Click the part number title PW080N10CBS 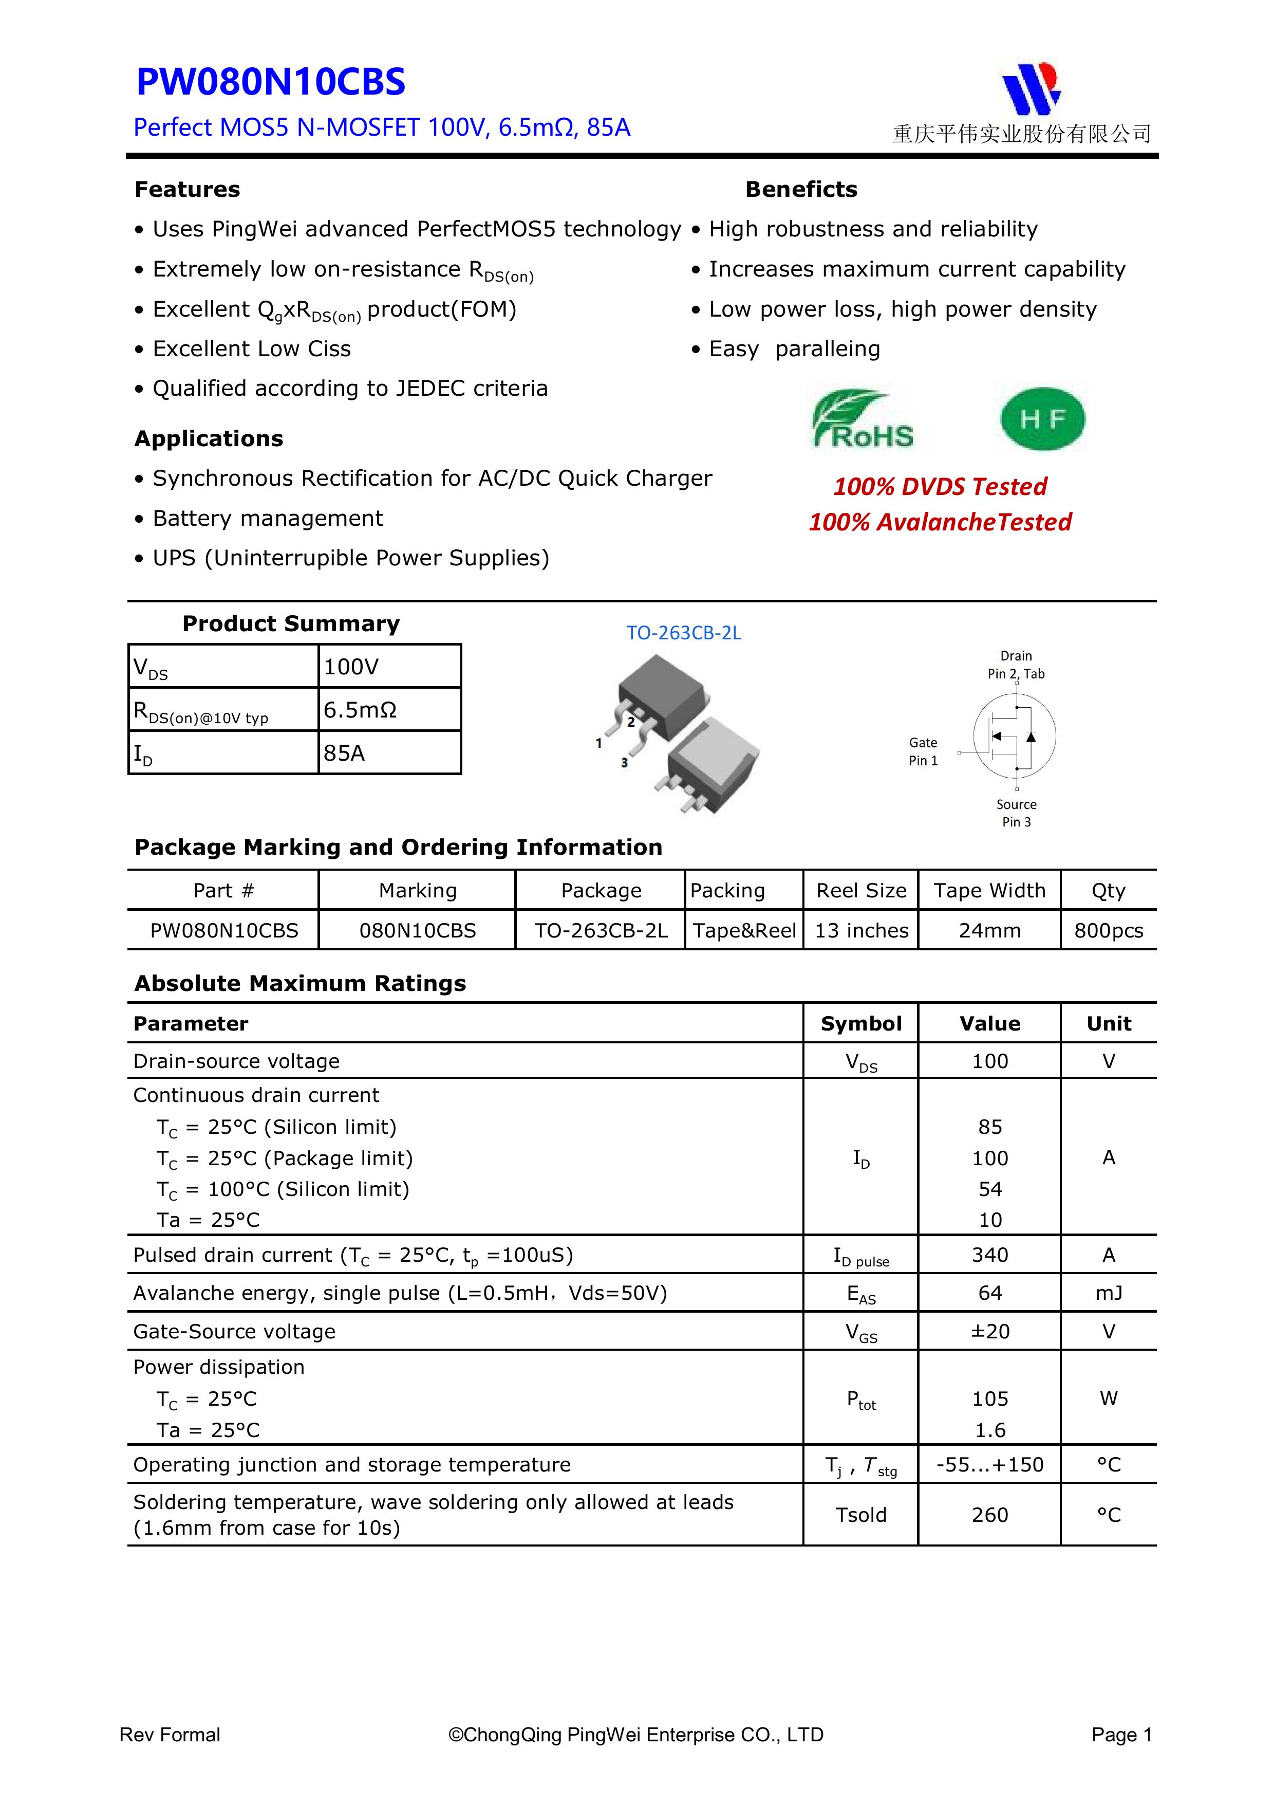pos(271,82)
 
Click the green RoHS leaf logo pos(862,419)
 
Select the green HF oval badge pos(1042,419)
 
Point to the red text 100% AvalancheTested pos(940,522)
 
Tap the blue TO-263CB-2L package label pos(683,633)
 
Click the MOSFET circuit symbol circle pos(1014,737)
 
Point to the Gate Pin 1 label pos(923,751)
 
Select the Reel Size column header pos(861,891)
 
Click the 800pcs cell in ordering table pos(1109,931)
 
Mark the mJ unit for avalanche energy pos(1109,1293)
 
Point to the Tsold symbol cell pos(861,1515)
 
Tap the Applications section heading pos(209,439)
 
